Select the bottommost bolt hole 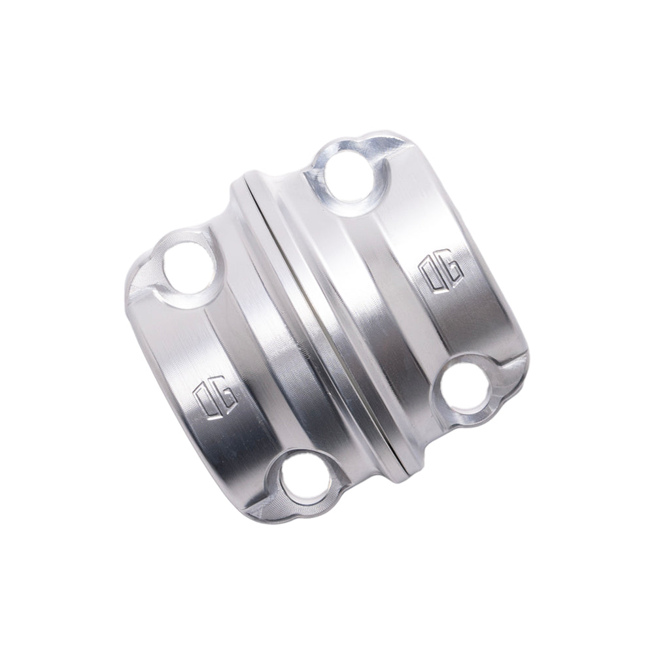click(x=305, y=483)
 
